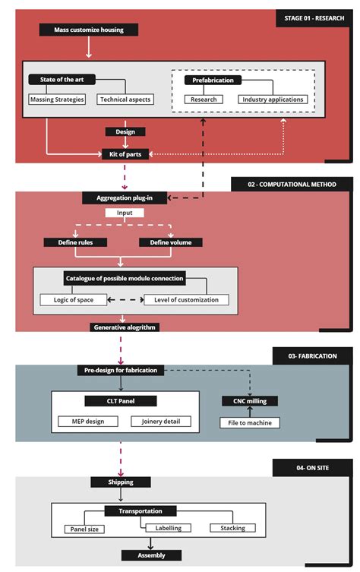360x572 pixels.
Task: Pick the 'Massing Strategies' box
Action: click(57, 100)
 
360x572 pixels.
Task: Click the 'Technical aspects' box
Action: click(125, 100)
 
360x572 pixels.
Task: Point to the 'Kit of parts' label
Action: click(125, 154)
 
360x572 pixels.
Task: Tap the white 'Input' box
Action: click(125, 213)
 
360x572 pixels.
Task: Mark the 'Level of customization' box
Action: click(186, 299)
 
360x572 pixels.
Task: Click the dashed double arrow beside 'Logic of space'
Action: click(125, 299)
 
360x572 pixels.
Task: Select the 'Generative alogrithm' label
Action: click(124, 327)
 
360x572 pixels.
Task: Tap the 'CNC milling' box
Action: click(245, 400)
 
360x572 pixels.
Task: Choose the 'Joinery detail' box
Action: click(162, 421)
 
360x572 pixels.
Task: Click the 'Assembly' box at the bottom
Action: click(151, 555)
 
